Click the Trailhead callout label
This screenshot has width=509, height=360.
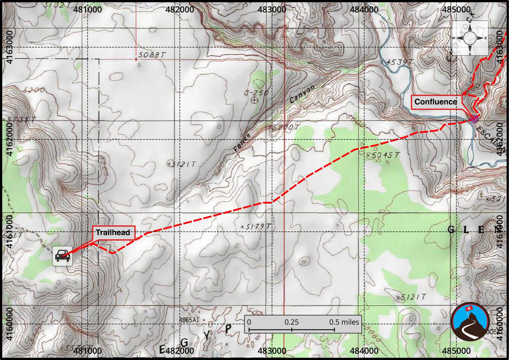click(113, 232)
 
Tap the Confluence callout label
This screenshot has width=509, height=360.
click(436, 102)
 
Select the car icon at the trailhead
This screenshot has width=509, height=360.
click(62, 256)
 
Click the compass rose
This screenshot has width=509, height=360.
click(470, 38)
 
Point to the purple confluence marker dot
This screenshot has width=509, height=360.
click(474, 119)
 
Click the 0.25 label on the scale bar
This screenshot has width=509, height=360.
click(292, 322)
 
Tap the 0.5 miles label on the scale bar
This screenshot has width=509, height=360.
click(344, 322)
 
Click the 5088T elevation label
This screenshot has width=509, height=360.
click(152, 55)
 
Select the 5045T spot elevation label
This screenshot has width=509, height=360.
click(383, 155)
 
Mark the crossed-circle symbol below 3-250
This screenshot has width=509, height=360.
click(254, 101)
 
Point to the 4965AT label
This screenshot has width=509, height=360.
click(189, 320)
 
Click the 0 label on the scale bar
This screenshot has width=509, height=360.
click(249, 322)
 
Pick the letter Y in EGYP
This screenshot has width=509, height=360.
click(207, 335)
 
